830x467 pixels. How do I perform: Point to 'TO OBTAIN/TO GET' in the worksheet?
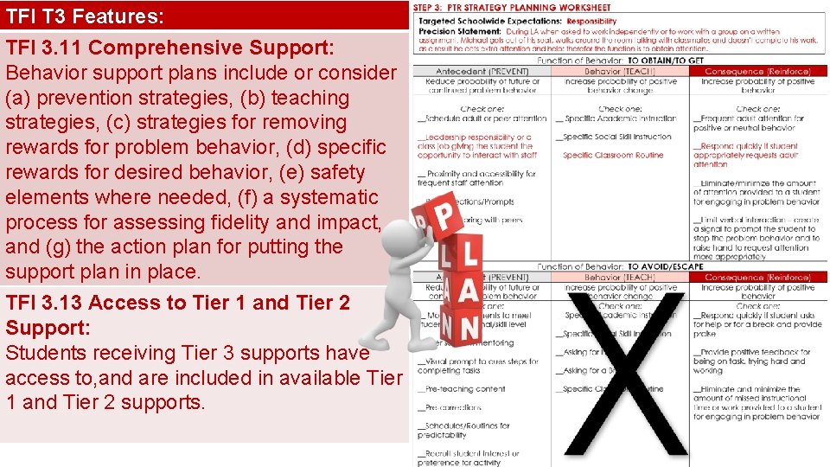(665, 61)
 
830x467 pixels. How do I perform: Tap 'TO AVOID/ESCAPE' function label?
(665, 266)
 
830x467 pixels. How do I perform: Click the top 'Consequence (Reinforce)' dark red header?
(757, 71)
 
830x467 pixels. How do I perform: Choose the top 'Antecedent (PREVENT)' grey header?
(482, 71)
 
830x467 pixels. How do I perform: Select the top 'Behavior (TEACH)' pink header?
(620, 71)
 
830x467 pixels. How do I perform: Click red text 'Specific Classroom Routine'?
(613, 156)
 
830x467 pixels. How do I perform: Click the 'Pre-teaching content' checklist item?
(464, 389)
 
